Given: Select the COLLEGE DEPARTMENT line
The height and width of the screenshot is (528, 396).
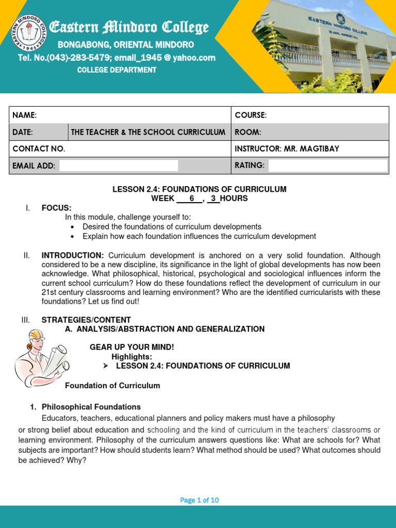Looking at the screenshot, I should click(117, 70).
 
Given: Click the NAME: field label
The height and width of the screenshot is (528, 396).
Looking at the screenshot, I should click(24, 115).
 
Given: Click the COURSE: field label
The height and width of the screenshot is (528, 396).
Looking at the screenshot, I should click(251, 115).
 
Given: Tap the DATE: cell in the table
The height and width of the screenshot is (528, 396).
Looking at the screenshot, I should click(23, 132).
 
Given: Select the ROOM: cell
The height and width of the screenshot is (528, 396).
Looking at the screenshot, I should click(248, 132).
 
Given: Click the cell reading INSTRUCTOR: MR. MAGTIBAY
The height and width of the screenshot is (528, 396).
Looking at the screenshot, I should click(287, 148).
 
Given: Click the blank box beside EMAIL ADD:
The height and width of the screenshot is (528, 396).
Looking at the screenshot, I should click(119, 166).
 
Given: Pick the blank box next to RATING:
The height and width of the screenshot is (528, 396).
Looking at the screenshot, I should click(327, 166).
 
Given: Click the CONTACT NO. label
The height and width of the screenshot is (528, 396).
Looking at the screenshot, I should click(39, 148).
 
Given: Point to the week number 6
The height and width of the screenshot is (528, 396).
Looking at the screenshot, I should click(192, 199).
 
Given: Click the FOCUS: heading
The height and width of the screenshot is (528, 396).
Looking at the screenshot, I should click(57, 208).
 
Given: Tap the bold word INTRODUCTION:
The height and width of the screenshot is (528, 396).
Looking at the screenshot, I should click(73, 255).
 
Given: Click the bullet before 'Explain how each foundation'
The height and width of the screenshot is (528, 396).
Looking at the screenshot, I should click(72, 237).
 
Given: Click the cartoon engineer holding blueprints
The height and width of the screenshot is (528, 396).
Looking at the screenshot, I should click(36, 358).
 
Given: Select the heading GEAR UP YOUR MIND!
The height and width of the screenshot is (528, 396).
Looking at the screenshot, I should click(132, 347).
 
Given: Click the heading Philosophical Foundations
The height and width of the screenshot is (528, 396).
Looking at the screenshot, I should click(91, 407).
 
